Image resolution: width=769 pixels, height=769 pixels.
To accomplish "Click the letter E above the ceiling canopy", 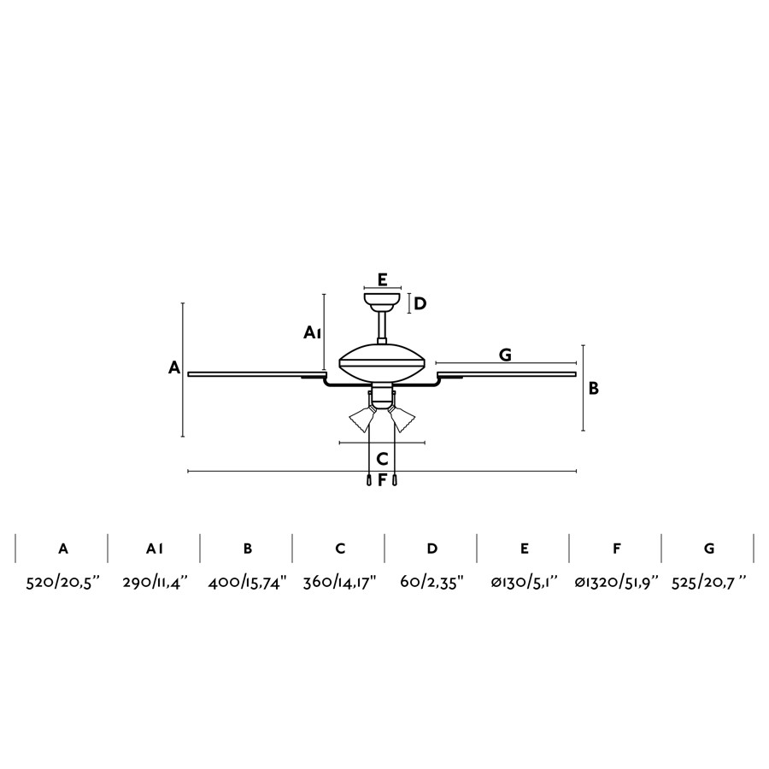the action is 383,280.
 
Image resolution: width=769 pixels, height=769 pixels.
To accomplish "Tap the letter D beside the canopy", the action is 420,304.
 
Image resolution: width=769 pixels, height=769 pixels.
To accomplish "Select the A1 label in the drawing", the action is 312,333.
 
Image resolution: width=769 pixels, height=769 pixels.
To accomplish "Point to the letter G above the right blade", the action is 505,355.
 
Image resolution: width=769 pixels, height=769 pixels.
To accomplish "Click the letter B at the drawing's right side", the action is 594,389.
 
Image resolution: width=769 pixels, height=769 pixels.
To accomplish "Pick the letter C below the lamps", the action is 383,460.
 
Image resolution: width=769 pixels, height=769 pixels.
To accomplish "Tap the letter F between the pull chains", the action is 382,480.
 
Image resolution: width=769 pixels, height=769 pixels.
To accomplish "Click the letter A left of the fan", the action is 174,367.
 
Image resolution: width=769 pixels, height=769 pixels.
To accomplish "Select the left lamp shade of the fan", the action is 362,419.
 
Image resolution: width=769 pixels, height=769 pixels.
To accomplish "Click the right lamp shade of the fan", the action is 402,419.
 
